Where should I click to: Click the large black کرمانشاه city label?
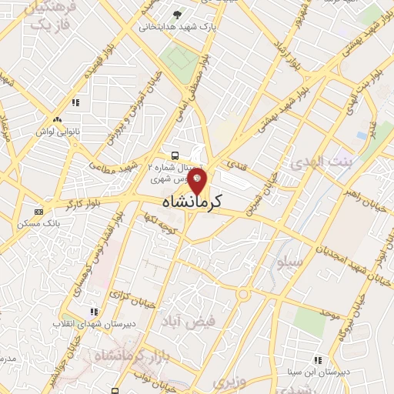pyautogui.click(x=192, y=202)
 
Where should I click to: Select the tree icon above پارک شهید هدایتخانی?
pyautogui.click(x=179, y=15)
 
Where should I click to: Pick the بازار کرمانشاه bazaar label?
pyautogui.click(x=123, y=356)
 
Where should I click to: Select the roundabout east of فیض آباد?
pyautogui.click(x=243, y=293)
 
